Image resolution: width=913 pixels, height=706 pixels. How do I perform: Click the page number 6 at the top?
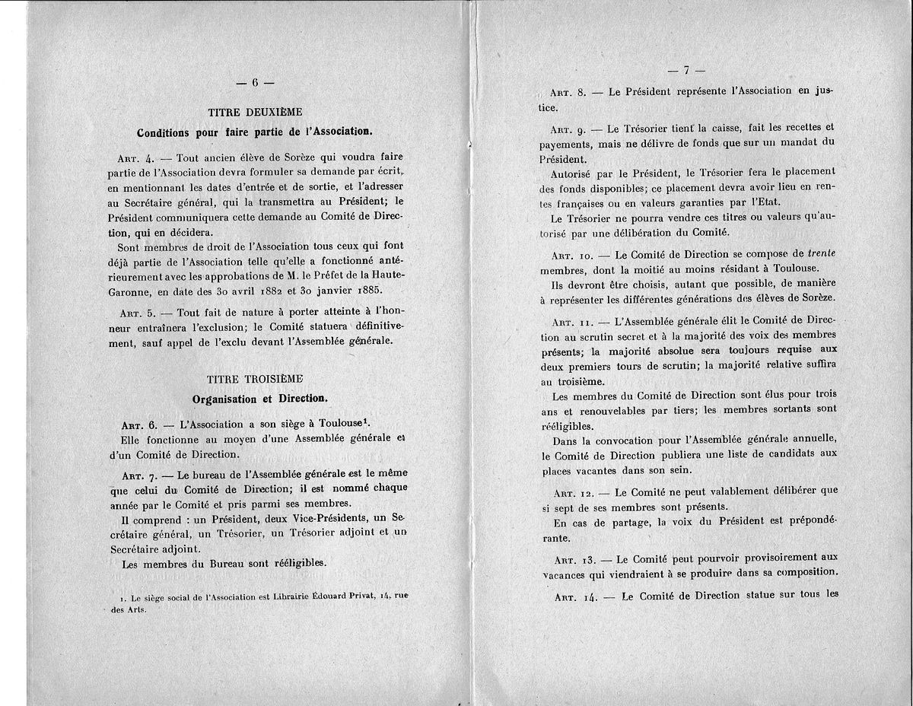tap(255, 81)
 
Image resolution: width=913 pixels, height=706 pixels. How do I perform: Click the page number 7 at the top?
tap(685, 72)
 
